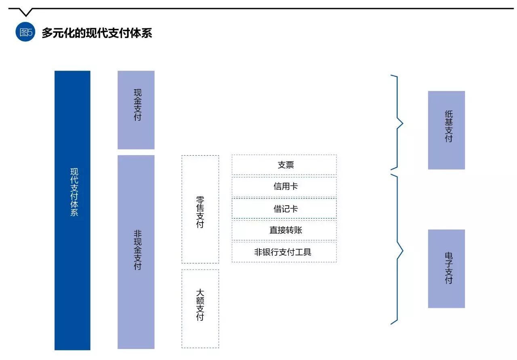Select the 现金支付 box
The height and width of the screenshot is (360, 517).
coord(136,110)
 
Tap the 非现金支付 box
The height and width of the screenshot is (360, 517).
coord(136,251)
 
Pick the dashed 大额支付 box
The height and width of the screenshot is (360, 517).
coord(200,308)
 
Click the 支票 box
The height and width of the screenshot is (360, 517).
coord(284,165)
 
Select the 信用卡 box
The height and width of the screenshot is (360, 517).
coord(284,187)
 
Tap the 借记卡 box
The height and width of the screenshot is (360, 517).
coord(284,208)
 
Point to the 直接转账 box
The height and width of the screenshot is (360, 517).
coord(284,230)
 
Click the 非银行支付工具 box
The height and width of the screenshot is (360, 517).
coord(284,252)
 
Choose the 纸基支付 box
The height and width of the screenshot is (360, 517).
coord(446,130)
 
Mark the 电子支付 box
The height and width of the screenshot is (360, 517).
coord(446,269)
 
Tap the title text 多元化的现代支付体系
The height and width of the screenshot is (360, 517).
coord(97,33)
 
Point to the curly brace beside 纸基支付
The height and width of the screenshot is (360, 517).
coord(398,122)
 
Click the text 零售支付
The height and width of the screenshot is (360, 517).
coord(200,212)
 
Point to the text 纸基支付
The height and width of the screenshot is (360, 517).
coord(449,126)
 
